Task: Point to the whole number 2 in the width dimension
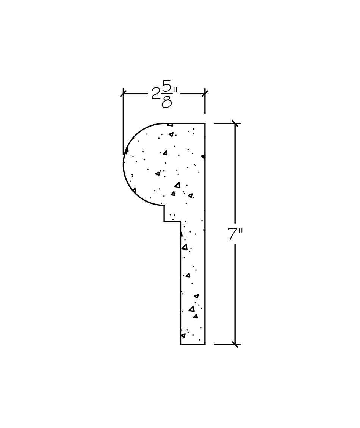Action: tap(156, 94)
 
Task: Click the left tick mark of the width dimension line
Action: tap(123, 94)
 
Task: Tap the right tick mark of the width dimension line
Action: tap(205, 94)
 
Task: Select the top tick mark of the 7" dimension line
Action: tap(235, 123)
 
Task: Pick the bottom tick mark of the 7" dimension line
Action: tap(235, 344)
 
